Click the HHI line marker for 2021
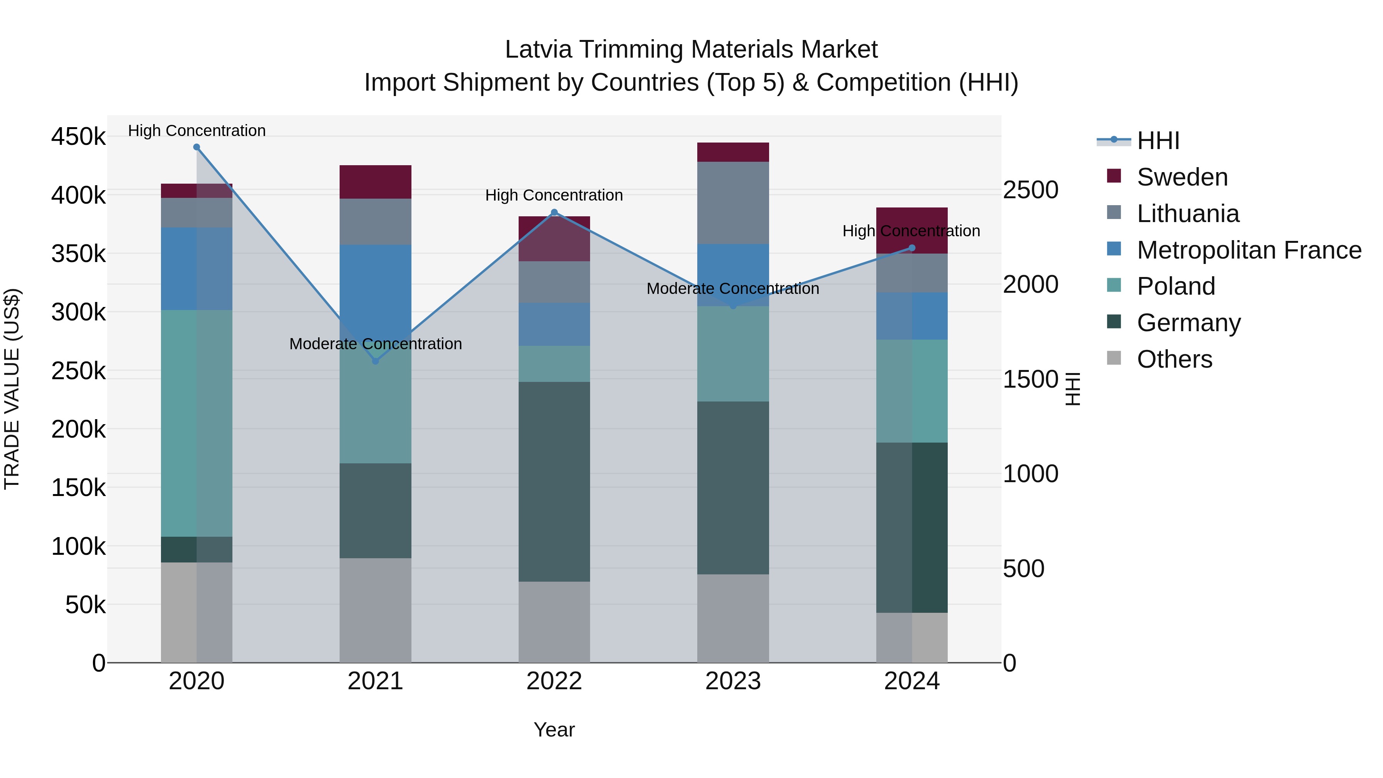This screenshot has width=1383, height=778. [x=375, y=361]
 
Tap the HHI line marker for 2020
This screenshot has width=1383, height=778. [x=196, y=147]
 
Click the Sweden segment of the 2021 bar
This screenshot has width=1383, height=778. [x=375, y=182]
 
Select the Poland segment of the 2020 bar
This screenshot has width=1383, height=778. [x=196, y=423]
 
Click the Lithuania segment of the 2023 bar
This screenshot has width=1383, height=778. [x=733, y=203]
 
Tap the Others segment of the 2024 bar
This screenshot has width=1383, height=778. [x=912, y=637]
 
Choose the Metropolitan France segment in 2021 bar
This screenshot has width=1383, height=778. [x=375, y=285]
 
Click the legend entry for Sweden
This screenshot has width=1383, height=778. [x=1182, y=177]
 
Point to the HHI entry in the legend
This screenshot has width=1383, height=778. [x=1157, y=141]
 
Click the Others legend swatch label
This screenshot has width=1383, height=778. [x=1174, y=359]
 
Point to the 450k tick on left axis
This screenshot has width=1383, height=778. [x=78, y=137]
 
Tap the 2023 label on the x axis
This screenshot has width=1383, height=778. [x=733, y=681]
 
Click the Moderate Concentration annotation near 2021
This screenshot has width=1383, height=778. [x=375, y=343]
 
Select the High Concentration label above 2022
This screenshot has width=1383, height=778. [x=554, y=196]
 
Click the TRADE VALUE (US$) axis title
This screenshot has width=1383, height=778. [x=12, y=389]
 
